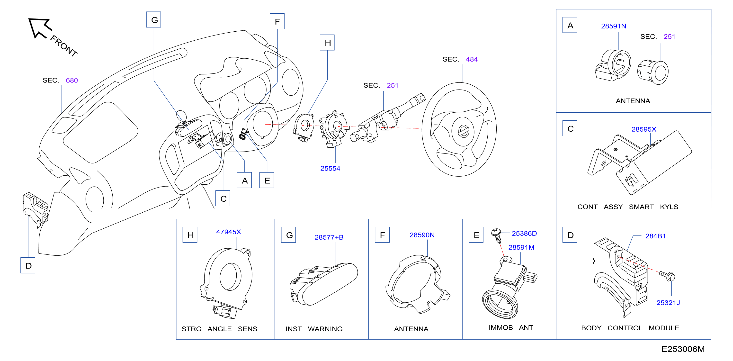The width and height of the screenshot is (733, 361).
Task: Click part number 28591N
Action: click(614, 26)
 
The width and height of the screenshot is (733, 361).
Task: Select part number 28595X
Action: click(644, 129)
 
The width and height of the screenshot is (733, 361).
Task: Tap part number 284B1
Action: click(655, 236)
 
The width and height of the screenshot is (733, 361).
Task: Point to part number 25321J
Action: click(668, 303)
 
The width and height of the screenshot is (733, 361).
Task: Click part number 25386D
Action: click(524, 234)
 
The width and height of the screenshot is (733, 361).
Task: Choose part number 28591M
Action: click(521, 247)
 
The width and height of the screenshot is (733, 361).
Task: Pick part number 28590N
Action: click(422, 235)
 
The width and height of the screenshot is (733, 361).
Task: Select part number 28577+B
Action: click(329, 237)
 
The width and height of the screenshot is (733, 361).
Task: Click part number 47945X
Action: click(229, 232)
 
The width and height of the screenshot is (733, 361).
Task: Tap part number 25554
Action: click(330, 168)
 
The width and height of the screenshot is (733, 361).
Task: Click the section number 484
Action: click(472, 59)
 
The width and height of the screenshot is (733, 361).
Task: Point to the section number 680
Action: click(72, 80)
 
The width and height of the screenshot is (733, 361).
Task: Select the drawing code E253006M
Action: click(683, 349)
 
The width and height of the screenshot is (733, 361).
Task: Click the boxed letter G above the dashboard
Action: click(154, 20)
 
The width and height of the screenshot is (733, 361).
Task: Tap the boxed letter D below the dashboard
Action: click(28, 265)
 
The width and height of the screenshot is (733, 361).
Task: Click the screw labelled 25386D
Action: click(497, 235)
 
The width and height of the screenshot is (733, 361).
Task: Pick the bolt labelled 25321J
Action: click(667, 276)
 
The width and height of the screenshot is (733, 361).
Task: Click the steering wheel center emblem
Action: click(463, 132)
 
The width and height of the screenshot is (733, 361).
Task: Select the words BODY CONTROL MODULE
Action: click(630, 328)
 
